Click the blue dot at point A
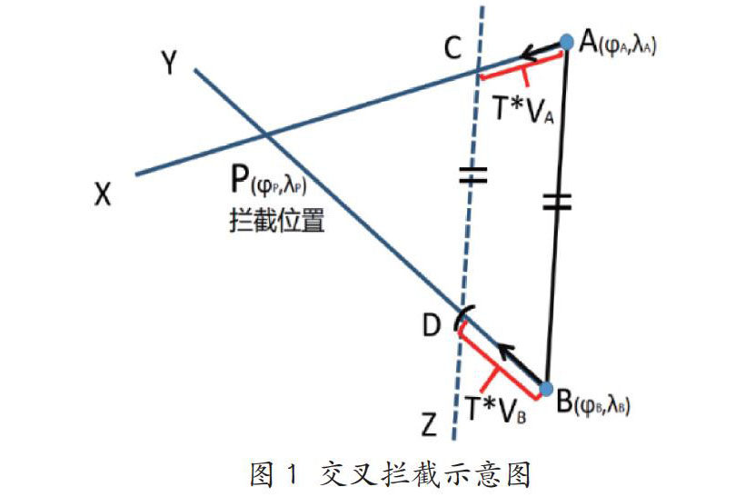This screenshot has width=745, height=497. pos(566,41)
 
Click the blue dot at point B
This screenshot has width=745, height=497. pos(545,389)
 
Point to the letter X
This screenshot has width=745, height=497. pos(102,194)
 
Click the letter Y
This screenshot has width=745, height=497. pos(169,62)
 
